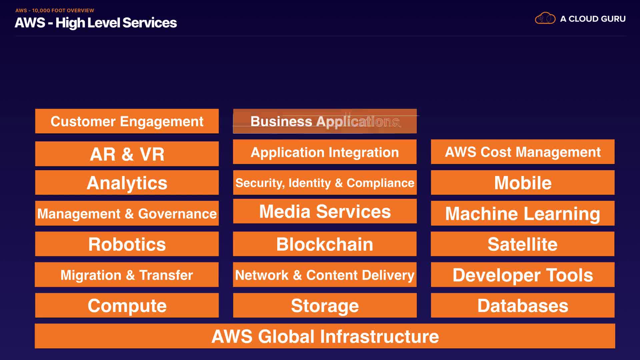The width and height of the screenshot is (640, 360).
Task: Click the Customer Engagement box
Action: pos(127,121)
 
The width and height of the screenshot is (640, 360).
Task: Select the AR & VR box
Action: pos(127,154)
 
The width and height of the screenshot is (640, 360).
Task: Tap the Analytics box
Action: pos(127,183)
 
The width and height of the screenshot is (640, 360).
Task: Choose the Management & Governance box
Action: pos(127,213)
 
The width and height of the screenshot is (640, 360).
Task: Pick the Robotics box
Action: pos(127,244)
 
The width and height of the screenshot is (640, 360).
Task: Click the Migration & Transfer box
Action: pos(127,275)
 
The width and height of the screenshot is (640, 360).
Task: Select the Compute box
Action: pos(127,305)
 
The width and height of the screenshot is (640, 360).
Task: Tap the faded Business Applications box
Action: pos(325,121)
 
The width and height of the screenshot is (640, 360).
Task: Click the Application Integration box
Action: pos(325,152)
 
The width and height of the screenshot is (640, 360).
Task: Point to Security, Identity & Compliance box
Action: pos(325,183)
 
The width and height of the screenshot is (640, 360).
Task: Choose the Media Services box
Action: pos(325,211)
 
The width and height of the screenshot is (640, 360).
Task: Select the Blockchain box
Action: pos(325,244)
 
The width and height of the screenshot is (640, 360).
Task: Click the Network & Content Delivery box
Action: pos(325,275)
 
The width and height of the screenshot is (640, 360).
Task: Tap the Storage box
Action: pos(325,305)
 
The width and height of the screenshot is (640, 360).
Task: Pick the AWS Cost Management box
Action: pos(523,152)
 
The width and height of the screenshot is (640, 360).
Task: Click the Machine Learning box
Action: pos(523,213)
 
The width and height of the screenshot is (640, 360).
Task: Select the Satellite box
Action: pos(523,244)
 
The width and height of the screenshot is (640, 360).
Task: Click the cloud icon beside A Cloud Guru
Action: pos(545,18)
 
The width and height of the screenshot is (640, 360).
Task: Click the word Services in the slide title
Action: pos(150,23)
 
